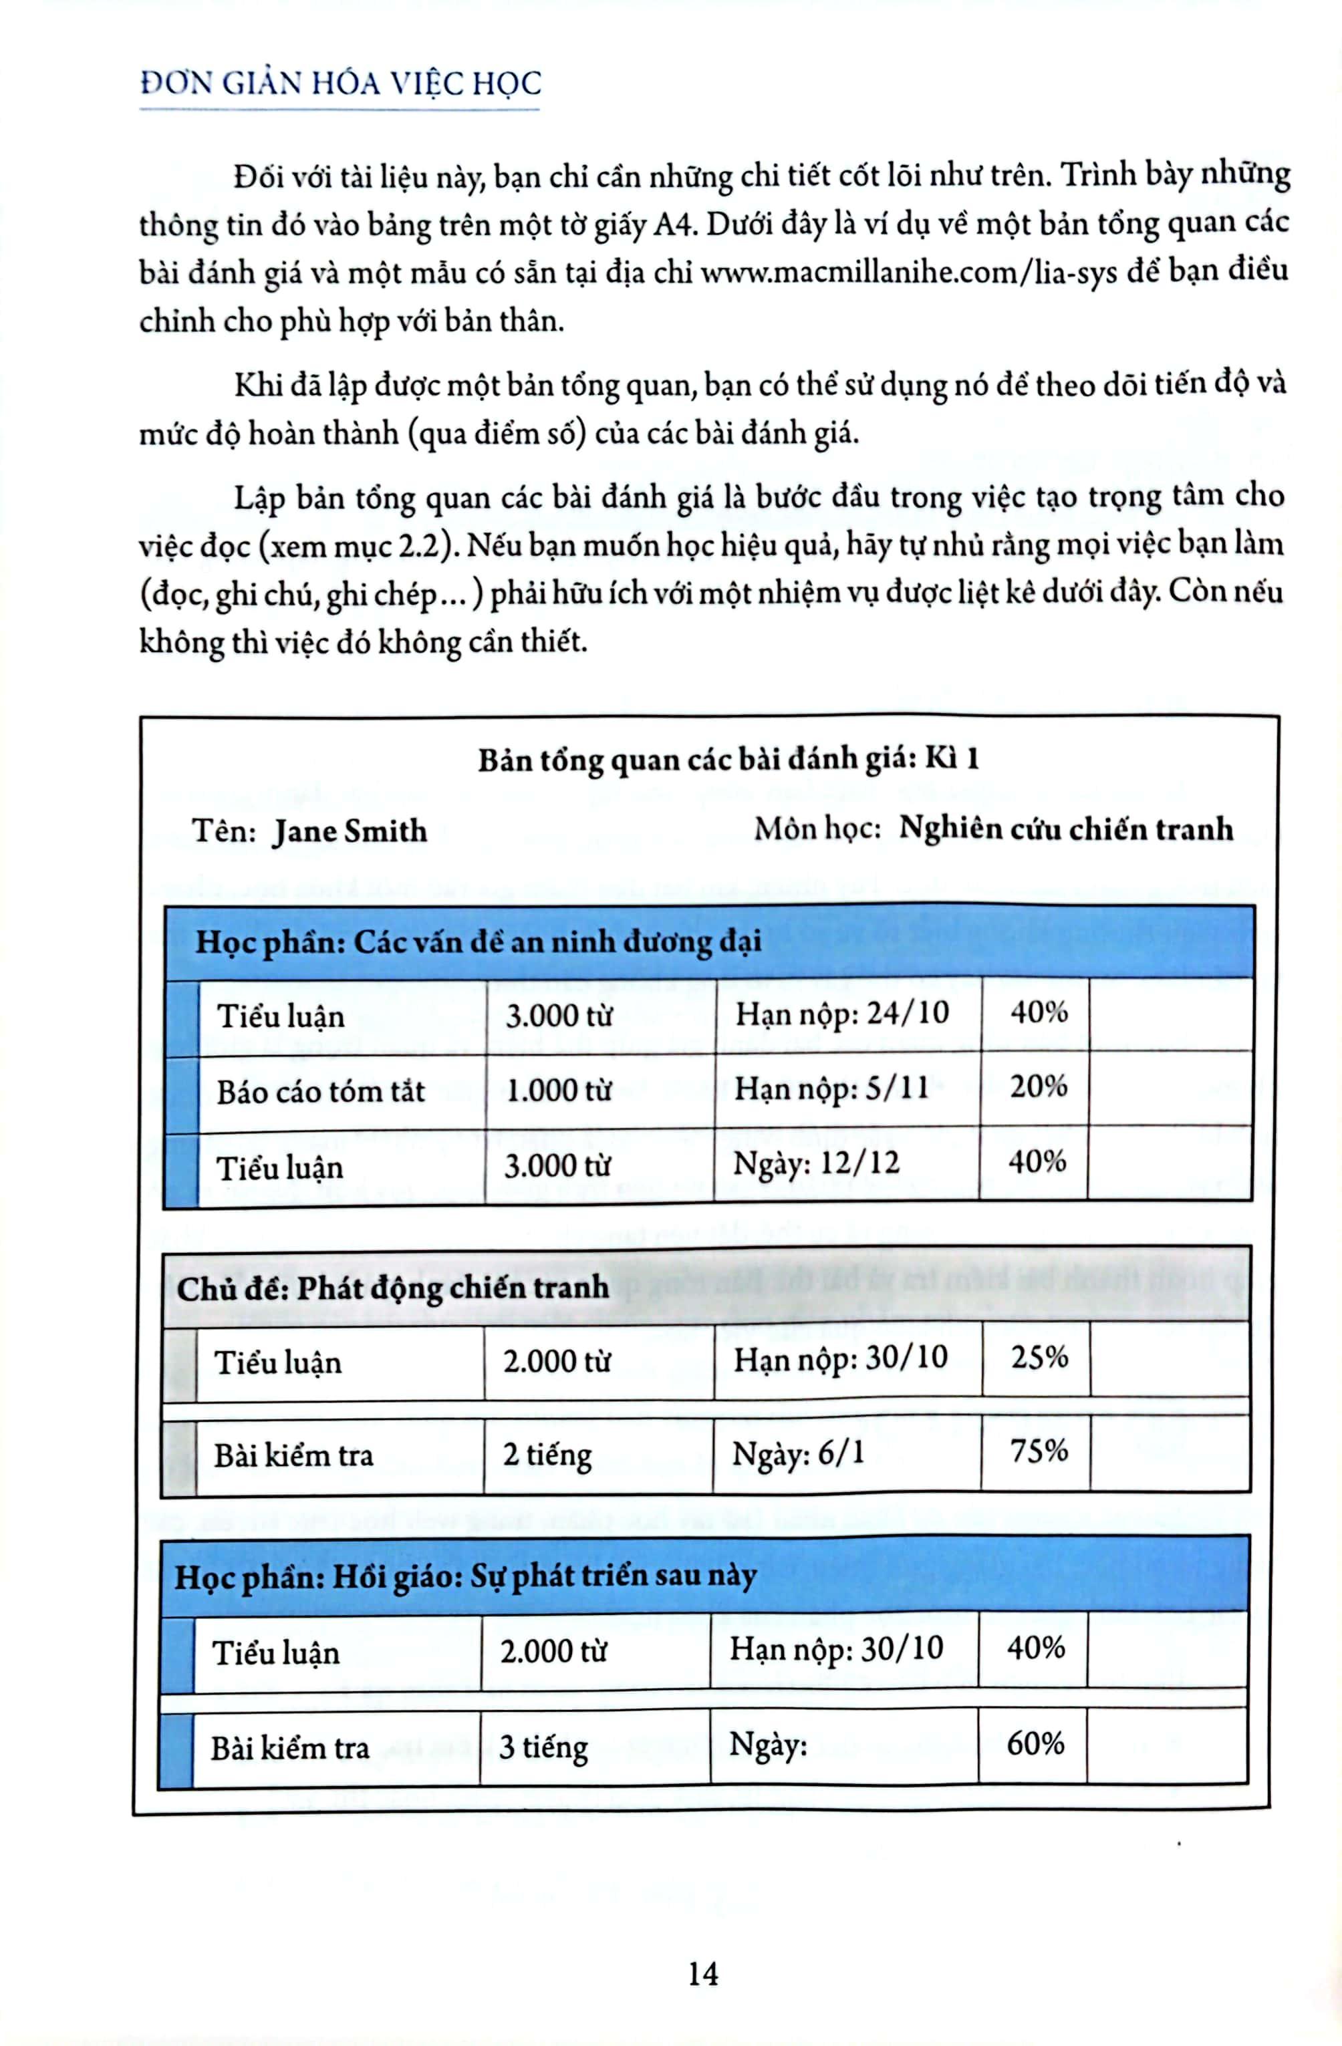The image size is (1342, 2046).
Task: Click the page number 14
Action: pyautogui.click(x=702, y=1973)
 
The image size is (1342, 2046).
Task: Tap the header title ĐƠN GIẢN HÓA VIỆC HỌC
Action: pyautogui.click(x=340, y=84)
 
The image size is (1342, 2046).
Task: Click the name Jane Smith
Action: pyautogui.click(x=350, y=831)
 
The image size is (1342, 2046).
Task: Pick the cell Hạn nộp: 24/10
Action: pyautogui.click(x=841, y=1014)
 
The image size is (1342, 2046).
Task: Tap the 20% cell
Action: pyautogui.click(x=1039, y=1087)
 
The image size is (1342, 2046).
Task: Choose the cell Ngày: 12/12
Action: pyautogui.click(x=816, y=1164)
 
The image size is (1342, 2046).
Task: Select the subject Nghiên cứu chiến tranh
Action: pyautogui.click(x=1065, y=829)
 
